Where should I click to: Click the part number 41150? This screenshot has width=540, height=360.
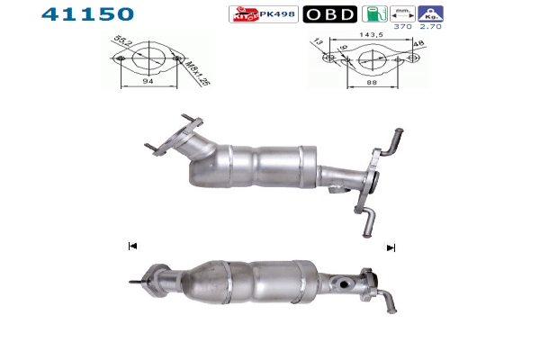(87, 14)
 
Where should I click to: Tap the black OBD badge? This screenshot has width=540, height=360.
(330, 14)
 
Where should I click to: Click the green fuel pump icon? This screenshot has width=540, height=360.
(374, 14)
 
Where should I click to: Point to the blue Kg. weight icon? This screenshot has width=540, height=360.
(430, 13)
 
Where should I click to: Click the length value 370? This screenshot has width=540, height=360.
(402, 26)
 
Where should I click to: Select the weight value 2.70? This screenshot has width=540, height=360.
(430, 26)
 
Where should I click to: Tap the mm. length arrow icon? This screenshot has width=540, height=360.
(402, 13)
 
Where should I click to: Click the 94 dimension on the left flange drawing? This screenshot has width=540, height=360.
(148, 81)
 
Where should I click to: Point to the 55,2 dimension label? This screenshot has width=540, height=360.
(122, 40)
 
